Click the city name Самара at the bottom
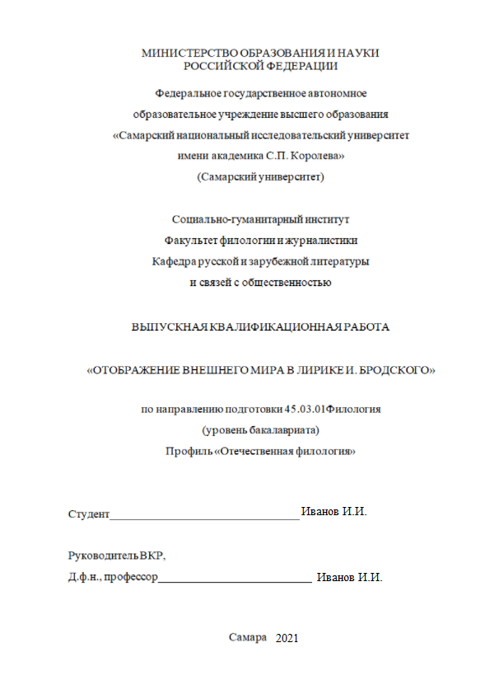click(248, 637)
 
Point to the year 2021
click(288, 639)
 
